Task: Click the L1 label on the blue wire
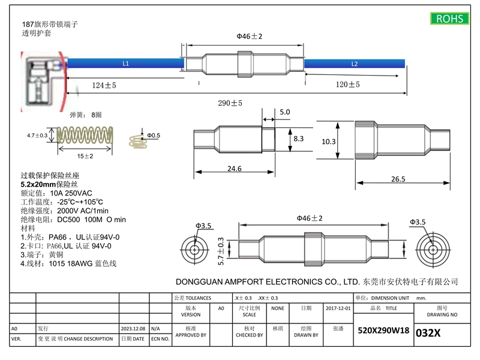[125, 63]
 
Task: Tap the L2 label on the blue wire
[354, 63]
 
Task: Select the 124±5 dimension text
[104, 86]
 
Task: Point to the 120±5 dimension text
[347, 85]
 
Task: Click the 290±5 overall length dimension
[230, 103]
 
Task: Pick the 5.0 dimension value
[284, 112]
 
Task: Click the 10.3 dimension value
[329, 142]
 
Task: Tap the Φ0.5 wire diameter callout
[154, 136]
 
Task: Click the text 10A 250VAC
[72, 193]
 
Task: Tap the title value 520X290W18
[383, 331]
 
